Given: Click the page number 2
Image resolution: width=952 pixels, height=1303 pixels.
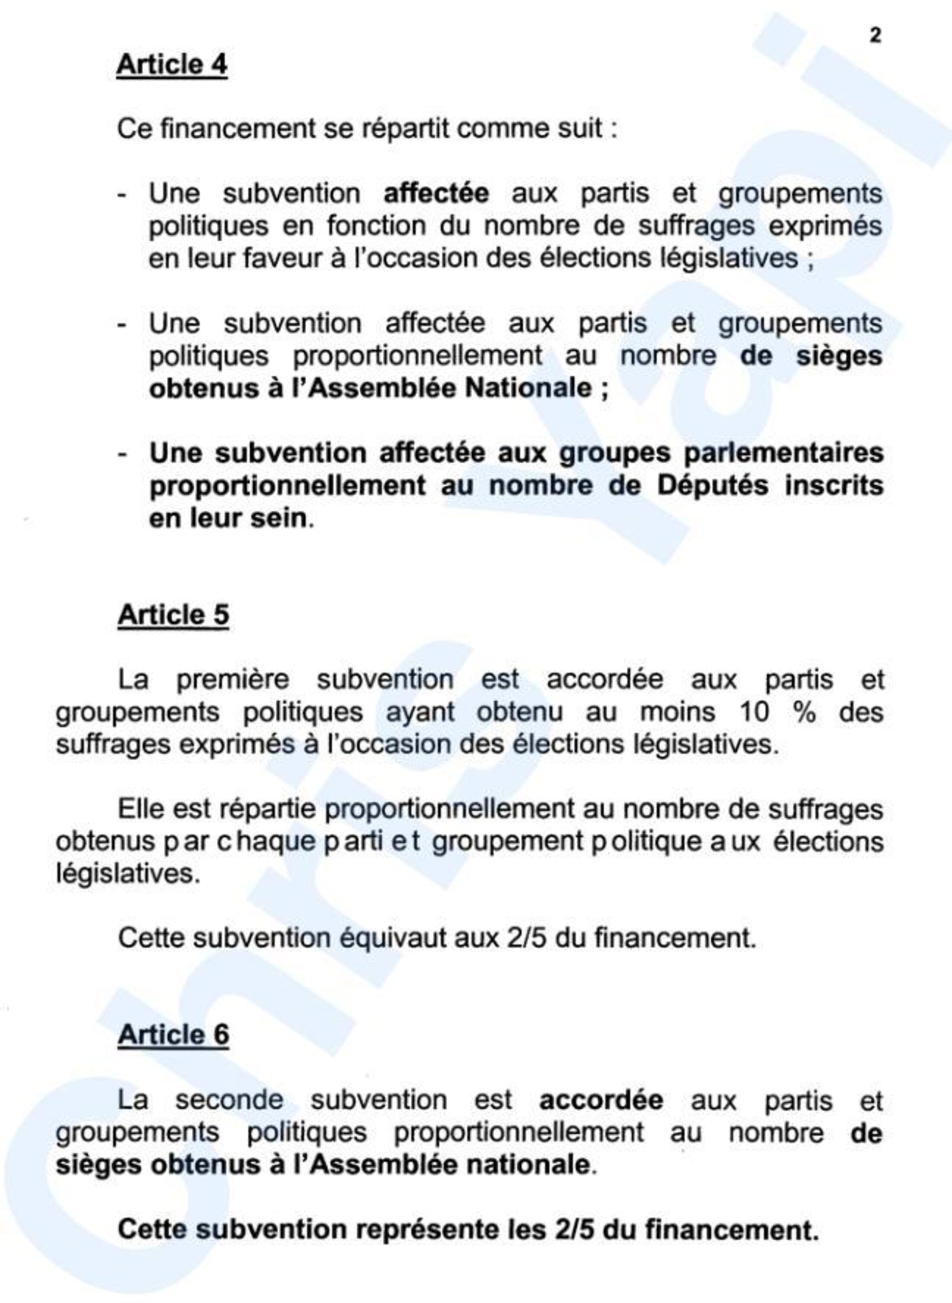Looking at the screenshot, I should (875, 36).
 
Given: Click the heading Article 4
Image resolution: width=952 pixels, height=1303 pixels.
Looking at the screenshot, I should (172, 64).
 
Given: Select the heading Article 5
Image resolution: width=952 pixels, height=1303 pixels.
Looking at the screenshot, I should (174, 615).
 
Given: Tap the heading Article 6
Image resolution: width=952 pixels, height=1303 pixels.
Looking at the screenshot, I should (174, 1034).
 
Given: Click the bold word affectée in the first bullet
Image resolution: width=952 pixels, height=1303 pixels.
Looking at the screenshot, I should (436, 193).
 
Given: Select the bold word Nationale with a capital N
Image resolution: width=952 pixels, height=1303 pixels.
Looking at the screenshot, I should (528, 388).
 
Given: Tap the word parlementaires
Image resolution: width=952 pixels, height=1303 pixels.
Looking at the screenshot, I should (783, 453).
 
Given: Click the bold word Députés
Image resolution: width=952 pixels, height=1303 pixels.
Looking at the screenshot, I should (712, 485).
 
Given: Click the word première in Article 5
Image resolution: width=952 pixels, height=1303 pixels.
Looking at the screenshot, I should (232, 679).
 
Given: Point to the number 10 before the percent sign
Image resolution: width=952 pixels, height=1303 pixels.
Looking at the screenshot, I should (754, 712).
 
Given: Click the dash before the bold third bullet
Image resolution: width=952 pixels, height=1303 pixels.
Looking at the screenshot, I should (122, 454).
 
